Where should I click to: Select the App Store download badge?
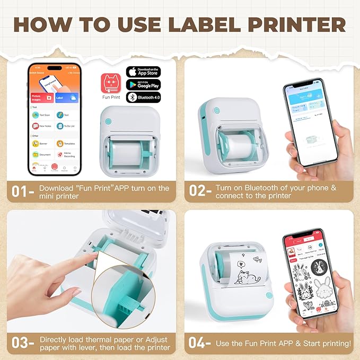coord(143,72)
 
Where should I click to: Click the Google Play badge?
coord(143,85)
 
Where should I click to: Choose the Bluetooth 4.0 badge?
coord(143,98)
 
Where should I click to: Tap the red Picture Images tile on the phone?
coord(42,98)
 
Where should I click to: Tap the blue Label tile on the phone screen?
coord(66,98)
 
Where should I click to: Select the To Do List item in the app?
coord(66,126)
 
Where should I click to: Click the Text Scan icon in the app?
coord(42,115)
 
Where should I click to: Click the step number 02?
coord(199,191)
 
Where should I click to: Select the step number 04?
coord(199,343)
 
